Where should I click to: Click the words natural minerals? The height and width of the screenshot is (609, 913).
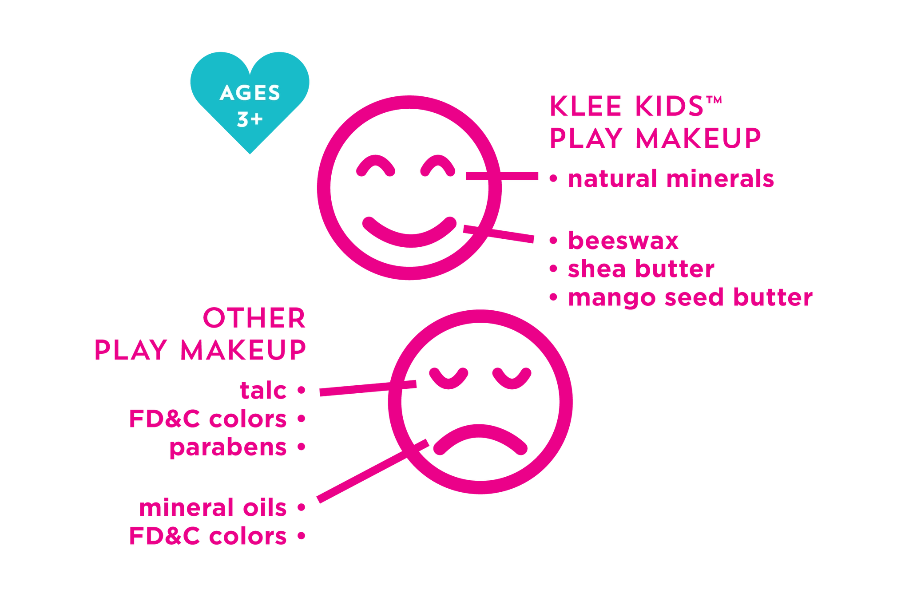pyautogui.click(x=671, y=179)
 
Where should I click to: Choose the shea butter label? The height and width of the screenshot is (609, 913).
pyautogui.click(x=641, y=269)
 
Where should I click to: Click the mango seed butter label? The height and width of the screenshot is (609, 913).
pyautogui.click(x=690, y=298)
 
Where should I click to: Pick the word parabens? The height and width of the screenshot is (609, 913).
pyautogui.click(x=228, y=448)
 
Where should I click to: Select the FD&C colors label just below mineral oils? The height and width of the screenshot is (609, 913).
pyautogui.click(x=208, y=536)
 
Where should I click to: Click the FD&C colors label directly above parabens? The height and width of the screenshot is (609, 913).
pyautogui.click(x=208, y=419)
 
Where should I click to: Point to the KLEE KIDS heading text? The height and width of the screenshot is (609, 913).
pyautogui.click(x=637, y=107)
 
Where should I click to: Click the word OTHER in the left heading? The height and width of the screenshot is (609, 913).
pyautogui.click(x=254, y=319)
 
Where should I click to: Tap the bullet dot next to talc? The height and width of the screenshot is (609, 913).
pyautogui.click(x=302, y=391)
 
